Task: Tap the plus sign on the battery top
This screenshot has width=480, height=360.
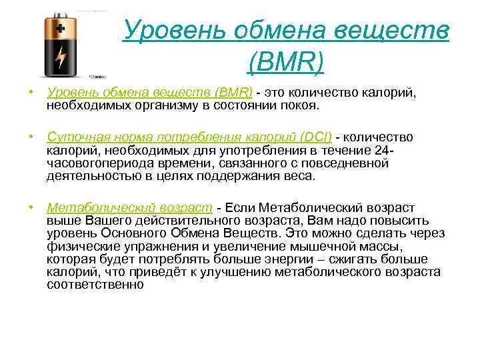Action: click(61, 29)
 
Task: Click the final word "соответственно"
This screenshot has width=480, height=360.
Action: click(95, 284)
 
